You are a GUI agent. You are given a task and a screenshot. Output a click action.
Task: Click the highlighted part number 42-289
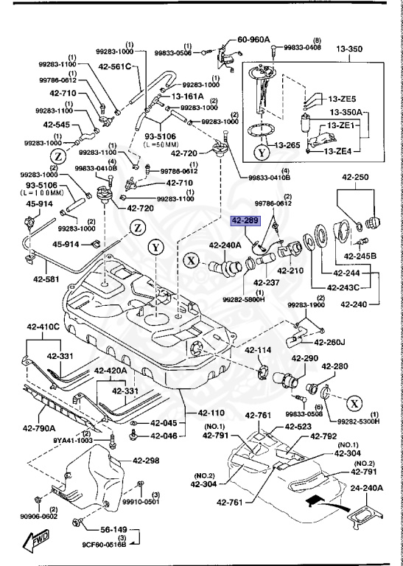245,221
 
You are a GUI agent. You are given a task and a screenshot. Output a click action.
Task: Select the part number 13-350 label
350,49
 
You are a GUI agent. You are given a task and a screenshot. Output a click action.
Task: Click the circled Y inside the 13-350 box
262,153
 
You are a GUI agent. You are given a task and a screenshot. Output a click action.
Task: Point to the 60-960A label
253,40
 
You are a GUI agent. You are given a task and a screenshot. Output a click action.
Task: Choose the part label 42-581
47,279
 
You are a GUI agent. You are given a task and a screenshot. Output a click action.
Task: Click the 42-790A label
39,428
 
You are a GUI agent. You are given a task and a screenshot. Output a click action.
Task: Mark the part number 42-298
146,460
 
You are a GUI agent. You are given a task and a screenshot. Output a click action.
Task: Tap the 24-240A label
367,488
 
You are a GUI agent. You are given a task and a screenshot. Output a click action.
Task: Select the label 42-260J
330,342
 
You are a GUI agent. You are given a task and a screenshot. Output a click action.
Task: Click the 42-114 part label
259,350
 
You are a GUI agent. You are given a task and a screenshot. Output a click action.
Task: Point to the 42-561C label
114,66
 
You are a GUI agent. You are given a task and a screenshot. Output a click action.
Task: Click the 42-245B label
360,256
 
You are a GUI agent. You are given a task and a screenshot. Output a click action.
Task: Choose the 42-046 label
164,436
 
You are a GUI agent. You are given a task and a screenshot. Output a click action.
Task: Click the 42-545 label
57,125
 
